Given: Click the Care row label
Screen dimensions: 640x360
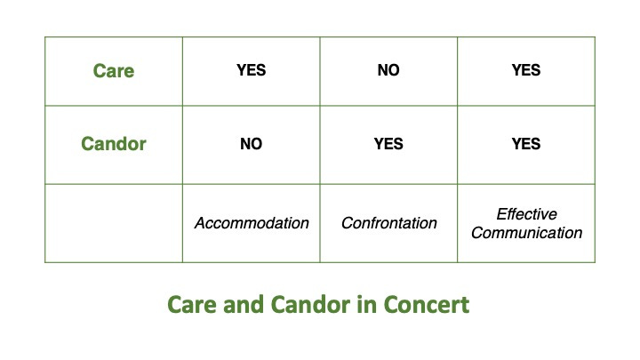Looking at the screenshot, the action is (114, 70).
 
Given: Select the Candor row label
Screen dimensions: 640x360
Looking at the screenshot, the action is (114, 144).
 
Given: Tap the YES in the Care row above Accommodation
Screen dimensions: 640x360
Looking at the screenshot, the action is (251, 70).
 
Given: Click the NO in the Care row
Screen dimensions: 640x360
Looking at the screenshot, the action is (388, 70).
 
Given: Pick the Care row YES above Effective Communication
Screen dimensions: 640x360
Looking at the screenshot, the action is (526, 70).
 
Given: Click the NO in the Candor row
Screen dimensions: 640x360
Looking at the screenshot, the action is (251, 144).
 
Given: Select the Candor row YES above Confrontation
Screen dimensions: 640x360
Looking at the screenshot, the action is (388, 144).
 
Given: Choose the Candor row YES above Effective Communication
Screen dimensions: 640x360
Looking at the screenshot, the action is (526, 144).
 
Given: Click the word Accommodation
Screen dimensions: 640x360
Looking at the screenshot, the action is (252, 223).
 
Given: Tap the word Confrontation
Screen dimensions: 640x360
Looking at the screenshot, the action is (389, 223).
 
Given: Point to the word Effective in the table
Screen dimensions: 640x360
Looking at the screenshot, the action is (526, 214).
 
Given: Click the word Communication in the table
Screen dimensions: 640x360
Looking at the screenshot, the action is (526, 233).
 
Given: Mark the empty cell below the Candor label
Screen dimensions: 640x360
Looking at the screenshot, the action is (114, 223).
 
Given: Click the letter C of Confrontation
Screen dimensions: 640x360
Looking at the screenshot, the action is (347, 223).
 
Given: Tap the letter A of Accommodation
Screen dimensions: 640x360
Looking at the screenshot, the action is (200, 223).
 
